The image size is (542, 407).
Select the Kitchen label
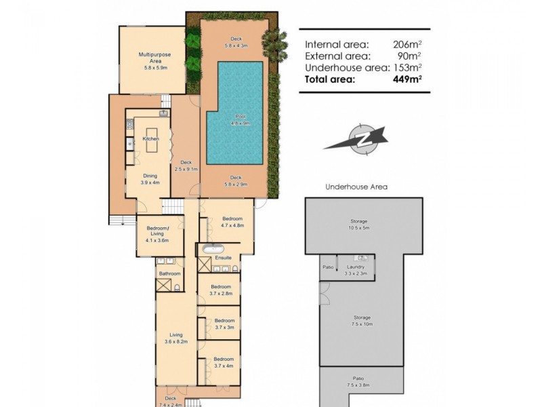tap(150, 139)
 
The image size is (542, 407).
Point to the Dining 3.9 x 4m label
tap(150, 179)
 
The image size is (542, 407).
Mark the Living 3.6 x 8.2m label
tap(176, 338)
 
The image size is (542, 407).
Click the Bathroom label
tap(169, 273)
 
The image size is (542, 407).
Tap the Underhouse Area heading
tap(356, 187)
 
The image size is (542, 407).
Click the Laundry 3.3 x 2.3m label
tap(355, 270)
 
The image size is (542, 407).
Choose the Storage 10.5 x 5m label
tap(358, 225)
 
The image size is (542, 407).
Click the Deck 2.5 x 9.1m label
tap(185, 165)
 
